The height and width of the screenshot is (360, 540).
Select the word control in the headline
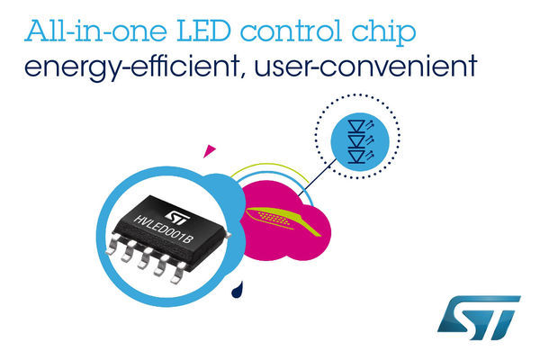point(291,31)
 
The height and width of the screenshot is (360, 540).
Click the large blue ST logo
point(479,318)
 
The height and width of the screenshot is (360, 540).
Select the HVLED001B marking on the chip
point(163,229)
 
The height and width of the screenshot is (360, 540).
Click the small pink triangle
point(209,151)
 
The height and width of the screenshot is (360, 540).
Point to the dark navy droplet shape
point(238,290)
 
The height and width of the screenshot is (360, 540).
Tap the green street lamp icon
point(283,220)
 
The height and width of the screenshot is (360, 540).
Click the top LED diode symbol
point(356,126)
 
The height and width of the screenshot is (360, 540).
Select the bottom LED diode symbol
point(356,156)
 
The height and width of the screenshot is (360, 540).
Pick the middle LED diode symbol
point(356,141)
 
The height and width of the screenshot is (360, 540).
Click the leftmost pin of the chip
point(113,244)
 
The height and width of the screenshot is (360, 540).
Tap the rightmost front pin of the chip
point(178,274)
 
